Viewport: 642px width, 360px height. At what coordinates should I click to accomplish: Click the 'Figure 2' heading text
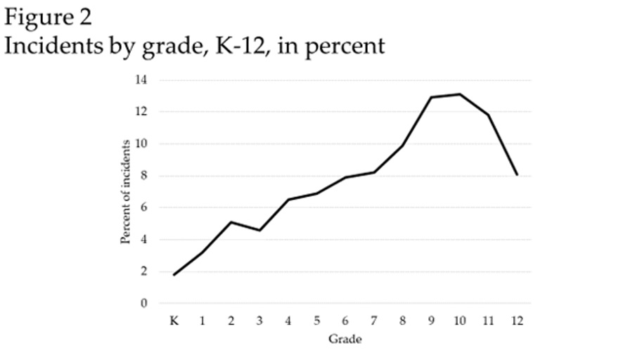(x=47, y=16)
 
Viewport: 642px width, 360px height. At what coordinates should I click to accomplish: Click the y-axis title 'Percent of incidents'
(x=126, y=191)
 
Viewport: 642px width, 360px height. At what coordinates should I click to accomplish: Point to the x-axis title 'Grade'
(x=345, y=340)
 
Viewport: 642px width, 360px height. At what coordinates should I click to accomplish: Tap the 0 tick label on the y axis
(x=143, y=304)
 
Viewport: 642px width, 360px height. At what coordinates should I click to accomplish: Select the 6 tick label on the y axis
(x=143, y=208)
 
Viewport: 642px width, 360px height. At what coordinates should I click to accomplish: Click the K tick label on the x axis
(x=173, y=321)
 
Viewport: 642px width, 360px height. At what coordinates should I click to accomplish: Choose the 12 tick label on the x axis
(x=517, y=321)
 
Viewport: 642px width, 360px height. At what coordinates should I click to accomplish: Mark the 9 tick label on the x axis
(x=431, y=321)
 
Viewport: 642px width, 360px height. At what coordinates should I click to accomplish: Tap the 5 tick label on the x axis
(x=316, y=321)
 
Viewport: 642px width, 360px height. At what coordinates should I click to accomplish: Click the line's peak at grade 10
(x=460, y=94)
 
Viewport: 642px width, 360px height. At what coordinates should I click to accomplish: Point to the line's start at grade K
(x=173, y=275)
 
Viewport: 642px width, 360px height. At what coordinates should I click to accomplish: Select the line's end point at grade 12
(x=518, y=174)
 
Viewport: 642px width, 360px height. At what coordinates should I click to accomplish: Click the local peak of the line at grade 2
(x=231, y=222)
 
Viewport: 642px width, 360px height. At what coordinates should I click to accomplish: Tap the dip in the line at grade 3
(x=259, y=230)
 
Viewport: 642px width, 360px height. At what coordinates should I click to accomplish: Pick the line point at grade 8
(x=402, y=146)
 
